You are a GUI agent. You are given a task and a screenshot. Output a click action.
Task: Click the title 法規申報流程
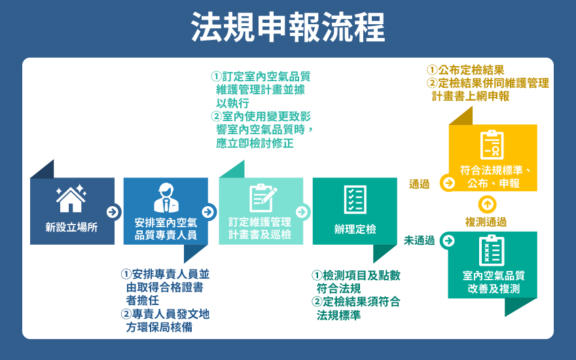(x=288, y=27)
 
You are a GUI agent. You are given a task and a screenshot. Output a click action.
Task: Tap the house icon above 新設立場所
(x=71, y=199)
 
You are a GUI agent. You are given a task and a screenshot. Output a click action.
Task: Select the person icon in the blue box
(x=166, y=198)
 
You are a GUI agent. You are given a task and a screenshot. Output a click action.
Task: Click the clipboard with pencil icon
(x=262, y=198)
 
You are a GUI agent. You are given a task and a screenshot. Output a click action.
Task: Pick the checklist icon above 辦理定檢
(x=355, y=200)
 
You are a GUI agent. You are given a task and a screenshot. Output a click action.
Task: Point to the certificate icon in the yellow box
(x=492, y=145)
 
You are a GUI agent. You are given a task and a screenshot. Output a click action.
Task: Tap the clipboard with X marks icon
(x=492, y=251)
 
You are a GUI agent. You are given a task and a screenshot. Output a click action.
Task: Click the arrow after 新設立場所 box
(x=113, y=212)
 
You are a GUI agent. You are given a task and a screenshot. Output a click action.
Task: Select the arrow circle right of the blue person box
(x=208, y=212)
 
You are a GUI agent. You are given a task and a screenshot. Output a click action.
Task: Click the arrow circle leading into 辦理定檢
(x=302, y=212)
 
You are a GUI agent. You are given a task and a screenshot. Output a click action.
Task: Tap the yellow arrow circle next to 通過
(x=448, y=183)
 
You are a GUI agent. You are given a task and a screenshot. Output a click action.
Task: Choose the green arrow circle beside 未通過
(x=448, y=241)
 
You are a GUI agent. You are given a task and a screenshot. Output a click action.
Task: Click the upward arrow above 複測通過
(x=488, y=204)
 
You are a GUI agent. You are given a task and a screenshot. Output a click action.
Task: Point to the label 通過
(x=419, y=184)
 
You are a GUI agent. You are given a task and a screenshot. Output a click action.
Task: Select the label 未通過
(x=419, y=241)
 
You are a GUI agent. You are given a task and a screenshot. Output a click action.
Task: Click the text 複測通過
(x=486, y=222)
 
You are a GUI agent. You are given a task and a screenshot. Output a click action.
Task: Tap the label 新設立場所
(x=71, y=227)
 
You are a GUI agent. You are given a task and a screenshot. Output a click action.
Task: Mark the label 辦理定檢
(x=355, y=229)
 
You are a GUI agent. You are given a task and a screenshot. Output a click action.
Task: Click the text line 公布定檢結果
(x=465, y=70)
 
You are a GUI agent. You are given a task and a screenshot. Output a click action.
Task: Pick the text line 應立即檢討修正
(x=255, y=143)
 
